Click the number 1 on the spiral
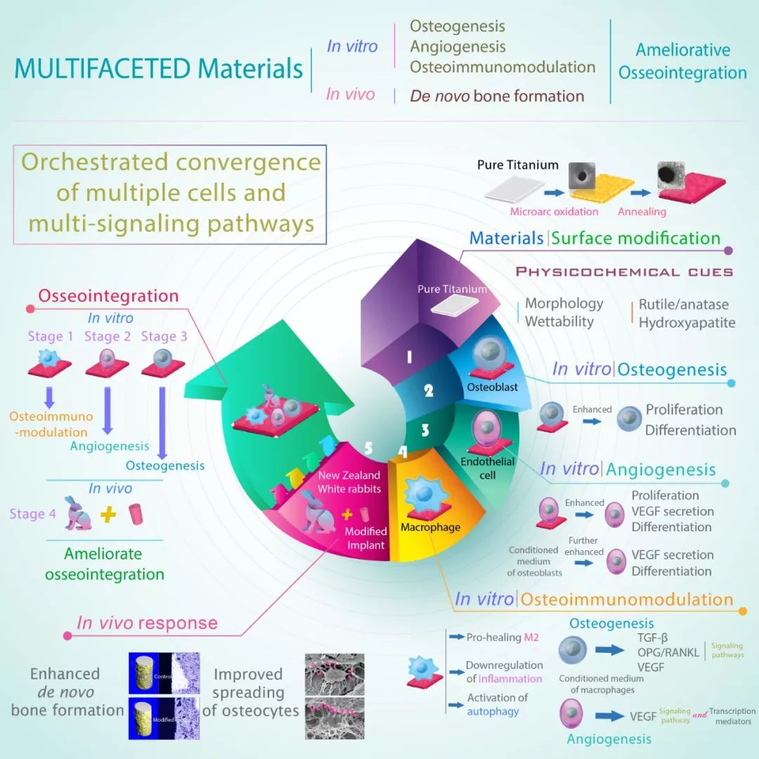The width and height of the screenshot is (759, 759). point(408,357)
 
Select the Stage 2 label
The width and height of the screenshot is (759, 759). point(108,337)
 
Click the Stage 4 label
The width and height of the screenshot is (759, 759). point(32,514)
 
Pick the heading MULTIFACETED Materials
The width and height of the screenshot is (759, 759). point(159,69)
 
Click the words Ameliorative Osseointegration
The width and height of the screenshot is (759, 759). point(682,61)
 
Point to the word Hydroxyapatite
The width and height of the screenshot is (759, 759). point(687,323)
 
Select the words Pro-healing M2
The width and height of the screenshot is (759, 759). point(503,637)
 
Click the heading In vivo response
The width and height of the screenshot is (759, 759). point(147,623)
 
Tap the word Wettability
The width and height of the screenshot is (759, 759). point(559,322)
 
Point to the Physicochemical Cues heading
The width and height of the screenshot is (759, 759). point(624,272)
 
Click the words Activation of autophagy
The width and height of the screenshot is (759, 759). point(498,704)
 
